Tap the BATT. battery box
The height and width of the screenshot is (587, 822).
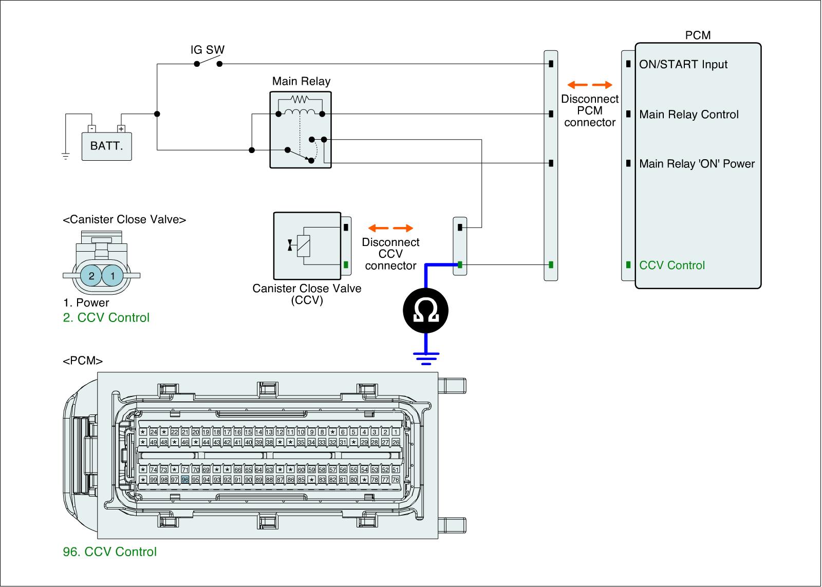pyautogui.click(x=106, y=146)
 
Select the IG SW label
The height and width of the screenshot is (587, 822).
pyautogui.click(x=207, y=50)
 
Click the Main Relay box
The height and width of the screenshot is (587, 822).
pyautogui.click(x=301, y=129)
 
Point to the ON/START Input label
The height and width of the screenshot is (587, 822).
pyautogui.click(x=683, y=65)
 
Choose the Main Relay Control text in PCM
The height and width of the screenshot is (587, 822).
pyautogui.click(x=689, y=115)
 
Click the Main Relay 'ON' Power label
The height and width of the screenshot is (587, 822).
pyautogui.click(x=697, y=164)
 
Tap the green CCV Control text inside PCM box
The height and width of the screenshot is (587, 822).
pyautogui.click(x=672, y=266)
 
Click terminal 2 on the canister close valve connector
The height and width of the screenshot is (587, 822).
pyautogui.click(x=91, y=276)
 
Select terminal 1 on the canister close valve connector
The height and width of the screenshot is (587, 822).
pyautogui.click(x=112, y=276)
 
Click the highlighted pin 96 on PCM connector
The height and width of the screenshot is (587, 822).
pyautogui.click(x=185, y=480)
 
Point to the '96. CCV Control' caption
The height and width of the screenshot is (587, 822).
pyautogui.click(x=109, y=552)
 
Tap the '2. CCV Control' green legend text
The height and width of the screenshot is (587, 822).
pyautogui.click(x=106, y=317)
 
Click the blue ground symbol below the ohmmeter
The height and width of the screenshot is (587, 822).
pyautogui.click(x=426, y=357)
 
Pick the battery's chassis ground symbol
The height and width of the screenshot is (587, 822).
pyautogui.click(x=65, y=156)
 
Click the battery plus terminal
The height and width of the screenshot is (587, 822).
pyautogui.click(x=121, y=129)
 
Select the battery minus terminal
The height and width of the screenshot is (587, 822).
pyautogui.click(x=91, y=129)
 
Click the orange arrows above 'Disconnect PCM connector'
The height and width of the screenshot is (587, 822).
pyautogui.click(x=590, y=85)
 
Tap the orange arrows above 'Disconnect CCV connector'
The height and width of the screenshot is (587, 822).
pyautogui.click(x=391, y=228)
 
